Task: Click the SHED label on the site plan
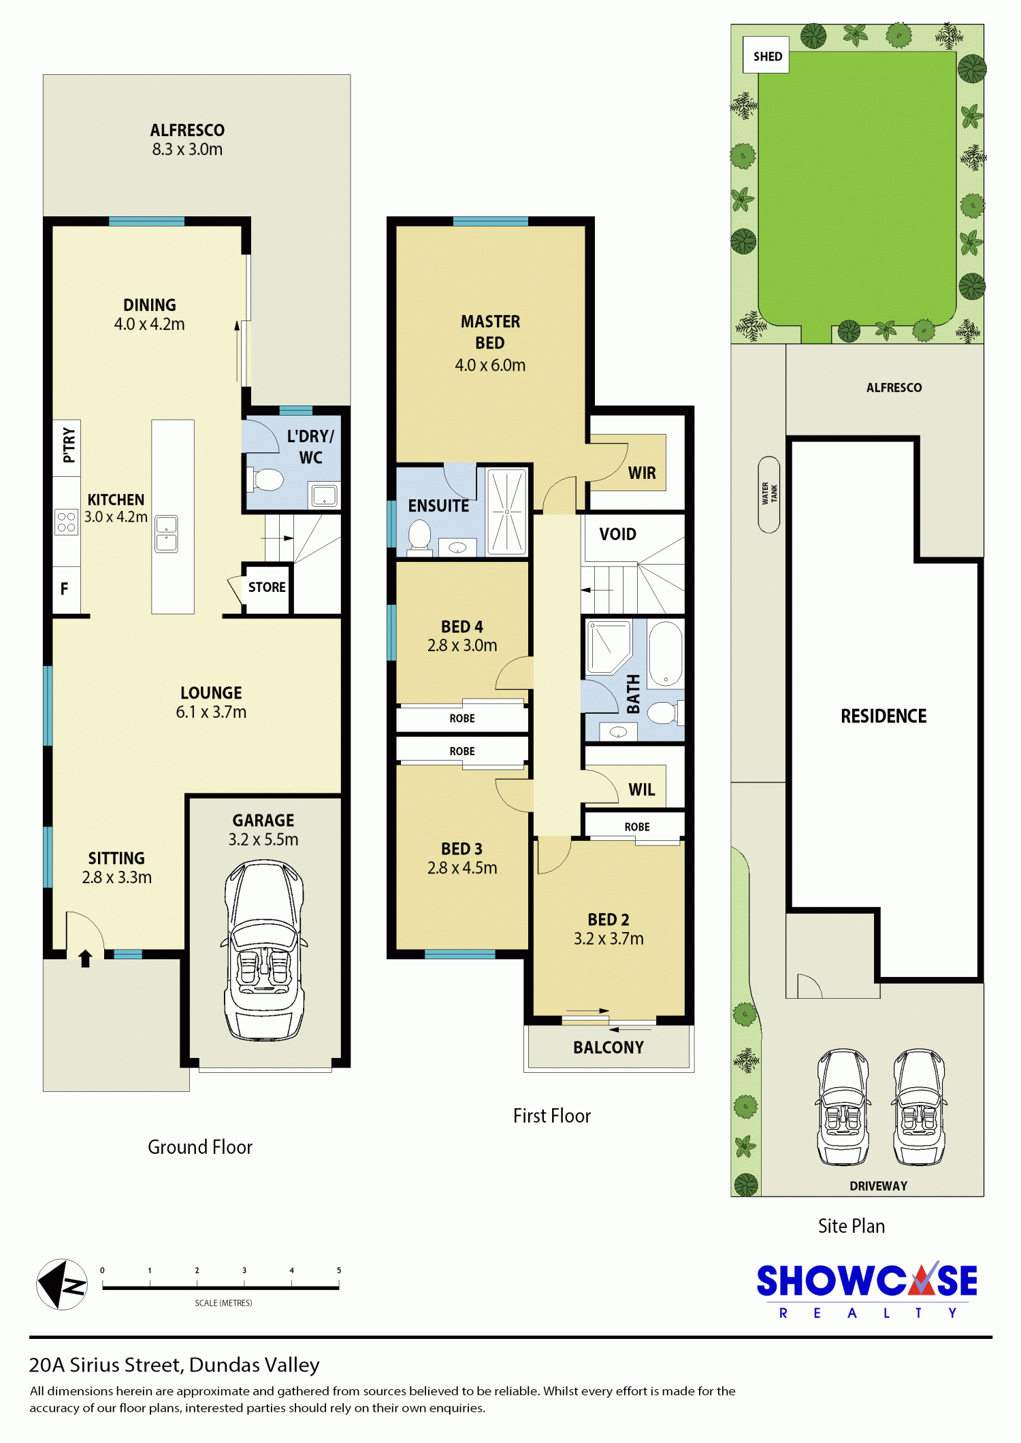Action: point(767,56)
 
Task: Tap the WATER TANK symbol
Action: point(769,495)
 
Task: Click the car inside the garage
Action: point(264,950)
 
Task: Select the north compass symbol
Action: point(62,1284)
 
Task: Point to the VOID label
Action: point(618,534)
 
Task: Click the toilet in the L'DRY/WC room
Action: point(266,479)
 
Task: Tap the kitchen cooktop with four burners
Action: point(67,523)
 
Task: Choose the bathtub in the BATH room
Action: point(666,654)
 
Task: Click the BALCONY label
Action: point(609,1047)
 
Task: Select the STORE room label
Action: point(267,587)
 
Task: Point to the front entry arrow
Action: point(85,959)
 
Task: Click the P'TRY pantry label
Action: point(69,445)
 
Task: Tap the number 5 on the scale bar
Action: point(339,1270)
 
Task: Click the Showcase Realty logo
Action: point(867,1291)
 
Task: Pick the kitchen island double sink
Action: point(167,534)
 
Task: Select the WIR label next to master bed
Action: point(642,473)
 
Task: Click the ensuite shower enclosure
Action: point(507,511)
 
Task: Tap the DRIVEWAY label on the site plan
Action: point(878,1186)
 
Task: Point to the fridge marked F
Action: point(65,589)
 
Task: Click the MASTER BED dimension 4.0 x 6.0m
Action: point(490,365)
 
